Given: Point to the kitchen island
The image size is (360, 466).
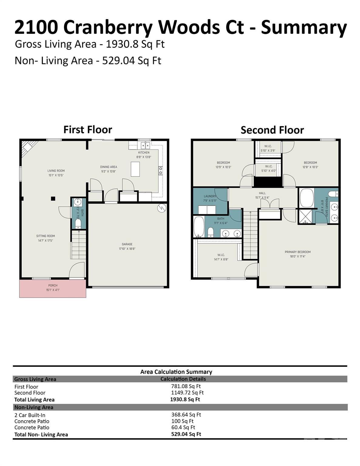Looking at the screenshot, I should point(135,169).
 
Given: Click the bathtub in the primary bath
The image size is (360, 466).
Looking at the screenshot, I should point(306,198).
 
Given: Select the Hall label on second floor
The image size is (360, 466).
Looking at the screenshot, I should point(262,193).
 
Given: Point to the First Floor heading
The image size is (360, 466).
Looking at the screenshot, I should point(88,130).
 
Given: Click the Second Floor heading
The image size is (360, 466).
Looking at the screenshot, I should point(272,130).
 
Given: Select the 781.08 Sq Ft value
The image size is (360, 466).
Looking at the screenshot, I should point(186,386).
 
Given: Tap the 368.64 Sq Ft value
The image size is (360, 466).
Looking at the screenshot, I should point(186,414).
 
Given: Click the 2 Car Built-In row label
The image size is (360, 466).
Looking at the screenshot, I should point(30,415).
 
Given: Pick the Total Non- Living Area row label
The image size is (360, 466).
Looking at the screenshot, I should point(41,434).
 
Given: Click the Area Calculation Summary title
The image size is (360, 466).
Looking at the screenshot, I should point(176,372).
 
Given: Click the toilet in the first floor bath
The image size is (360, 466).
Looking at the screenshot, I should point(78,224).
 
